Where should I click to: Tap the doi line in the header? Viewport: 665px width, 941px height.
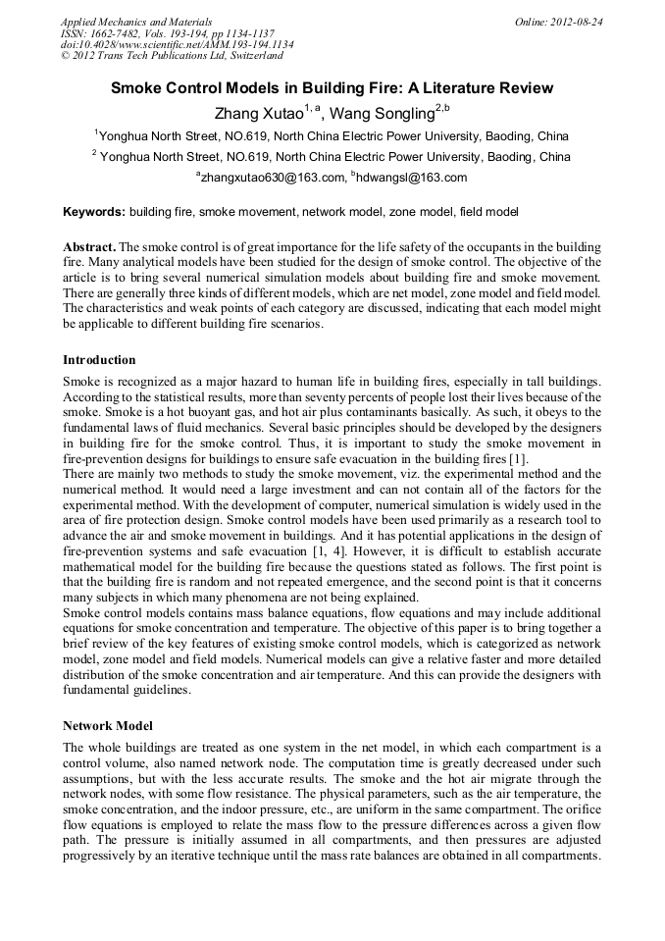(177, 44)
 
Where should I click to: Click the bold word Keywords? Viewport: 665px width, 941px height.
(94, 211)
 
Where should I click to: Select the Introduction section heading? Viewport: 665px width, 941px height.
(99, 360)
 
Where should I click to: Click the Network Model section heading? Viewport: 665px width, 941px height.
(108, 726)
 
